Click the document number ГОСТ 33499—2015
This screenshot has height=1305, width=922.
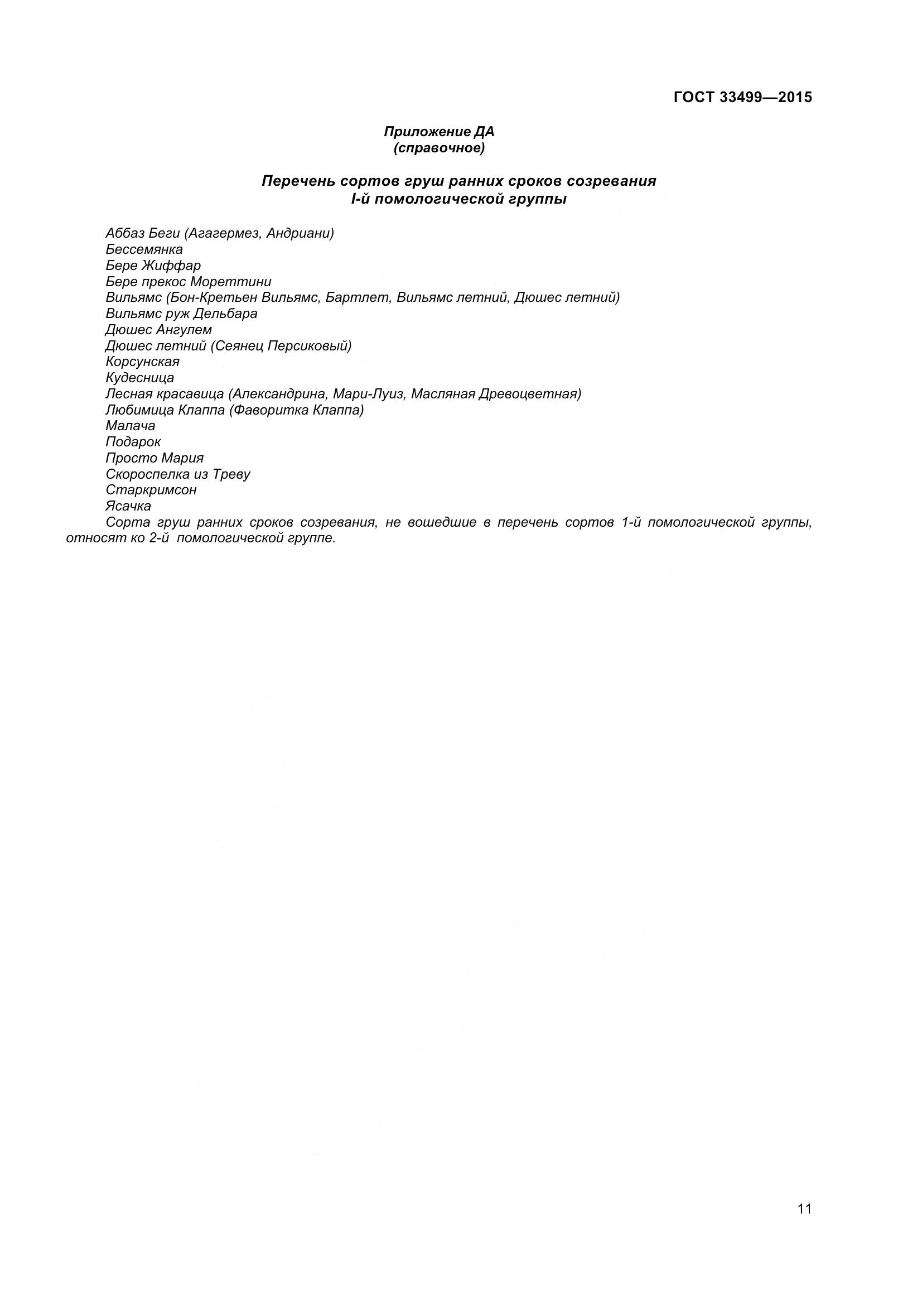(742, 97)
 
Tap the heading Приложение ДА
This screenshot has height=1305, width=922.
(439, 132)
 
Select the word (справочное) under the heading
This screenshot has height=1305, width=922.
(439, 148)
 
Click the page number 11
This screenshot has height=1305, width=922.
(804, 1225)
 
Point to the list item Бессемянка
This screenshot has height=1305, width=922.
(144, 249)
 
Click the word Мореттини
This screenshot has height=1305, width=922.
(231, 281)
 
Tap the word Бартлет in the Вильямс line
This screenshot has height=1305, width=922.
(358, 297)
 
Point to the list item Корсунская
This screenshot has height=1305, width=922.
(143, 362)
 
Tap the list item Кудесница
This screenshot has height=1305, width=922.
(140, 377)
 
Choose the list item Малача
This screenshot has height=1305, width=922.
(130, 426)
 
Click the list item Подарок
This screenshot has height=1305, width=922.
(133, 442)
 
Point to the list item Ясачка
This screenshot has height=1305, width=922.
(128, 506)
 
